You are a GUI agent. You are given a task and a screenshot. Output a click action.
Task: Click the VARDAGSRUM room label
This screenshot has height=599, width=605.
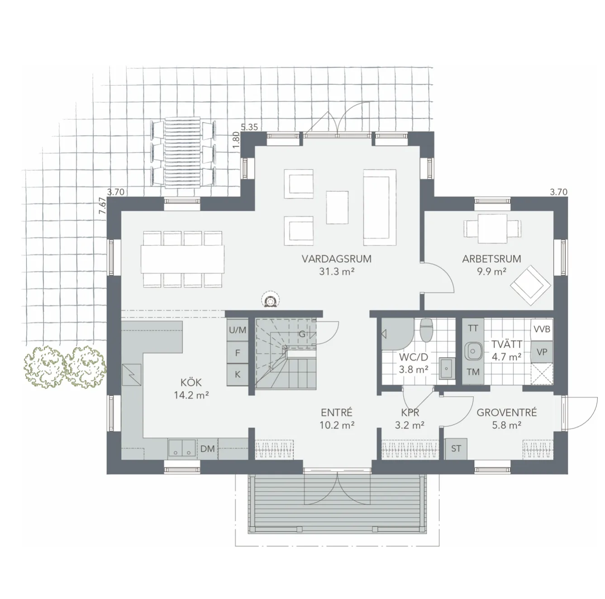point(336,259)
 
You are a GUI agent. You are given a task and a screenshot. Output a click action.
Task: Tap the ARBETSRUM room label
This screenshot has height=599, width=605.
point(491,259)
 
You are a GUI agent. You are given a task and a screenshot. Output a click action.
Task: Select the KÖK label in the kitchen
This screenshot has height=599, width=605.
point(191,382)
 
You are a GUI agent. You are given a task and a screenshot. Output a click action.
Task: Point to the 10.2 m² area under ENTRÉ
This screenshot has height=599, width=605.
point(336,426)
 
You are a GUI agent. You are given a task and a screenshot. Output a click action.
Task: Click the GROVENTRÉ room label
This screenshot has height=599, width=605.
point(506,412)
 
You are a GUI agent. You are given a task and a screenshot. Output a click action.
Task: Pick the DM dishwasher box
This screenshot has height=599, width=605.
point(208,449)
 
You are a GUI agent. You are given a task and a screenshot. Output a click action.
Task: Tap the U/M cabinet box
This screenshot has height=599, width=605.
point(238,330)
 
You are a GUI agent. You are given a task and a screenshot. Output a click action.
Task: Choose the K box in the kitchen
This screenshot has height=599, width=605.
point(238,374)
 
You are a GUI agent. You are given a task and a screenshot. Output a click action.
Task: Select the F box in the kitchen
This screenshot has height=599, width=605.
point(238,353)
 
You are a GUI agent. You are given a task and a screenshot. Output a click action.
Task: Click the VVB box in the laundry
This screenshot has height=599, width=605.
point(542,329)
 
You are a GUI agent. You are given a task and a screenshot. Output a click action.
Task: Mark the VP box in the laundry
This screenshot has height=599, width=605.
point(542,352)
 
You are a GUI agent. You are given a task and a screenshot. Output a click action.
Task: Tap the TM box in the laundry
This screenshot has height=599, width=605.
point(473,372)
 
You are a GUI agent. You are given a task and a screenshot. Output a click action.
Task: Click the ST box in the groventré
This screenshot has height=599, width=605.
point(456,448)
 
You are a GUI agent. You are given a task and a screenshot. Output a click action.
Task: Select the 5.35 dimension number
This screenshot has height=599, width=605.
point(249,127)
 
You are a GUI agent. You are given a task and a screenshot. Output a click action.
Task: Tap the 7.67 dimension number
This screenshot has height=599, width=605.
point(103,205)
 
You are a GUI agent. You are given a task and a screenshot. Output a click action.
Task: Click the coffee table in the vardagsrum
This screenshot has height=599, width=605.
point(337,207)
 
